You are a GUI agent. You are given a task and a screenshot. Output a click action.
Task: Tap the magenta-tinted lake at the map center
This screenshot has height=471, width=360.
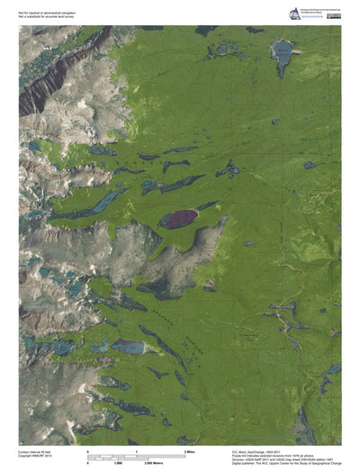click(178, 218)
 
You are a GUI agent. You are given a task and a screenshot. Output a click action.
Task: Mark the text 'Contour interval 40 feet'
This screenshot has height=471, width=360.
click(36, 451)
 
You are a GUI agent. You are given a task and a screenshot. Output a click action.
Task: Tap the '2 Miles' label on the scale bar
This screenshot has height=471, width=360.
click(190, 449)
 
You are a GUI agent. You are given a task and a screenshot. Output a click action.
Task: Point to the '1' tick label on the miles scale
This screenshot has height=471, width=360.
click(136, 449)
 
